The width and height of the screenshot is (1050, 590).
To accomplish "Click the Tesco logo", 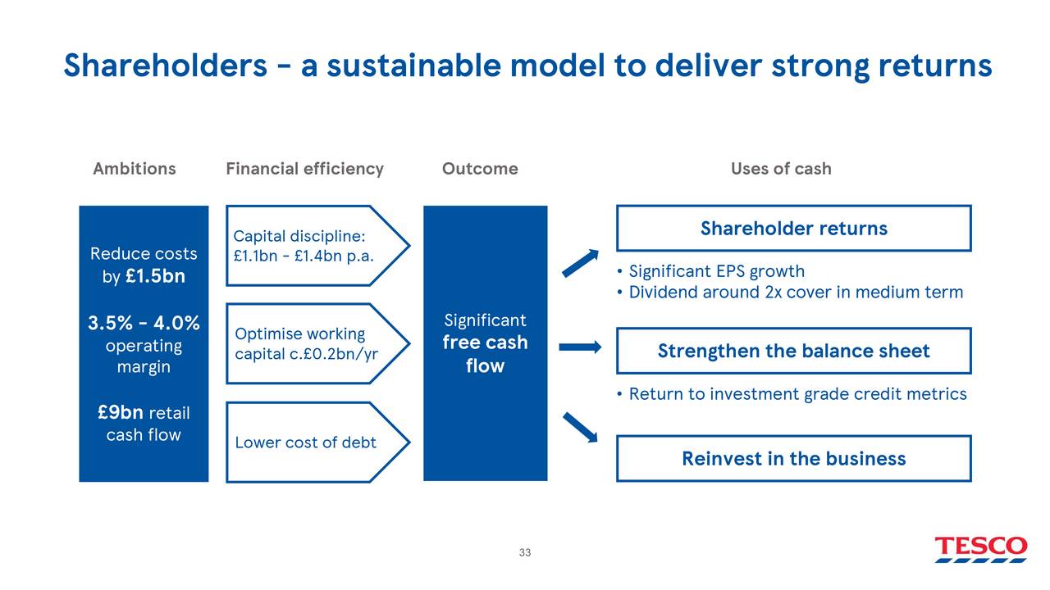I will click(980, 548).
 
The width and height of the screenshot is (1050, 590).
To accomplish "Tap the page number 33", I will click(525, 552).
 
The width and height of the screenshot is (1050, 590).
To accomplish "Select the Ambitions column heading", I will click(134, 169).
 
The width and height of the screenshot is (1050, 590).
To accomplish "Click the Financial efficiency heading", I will click(304, 169).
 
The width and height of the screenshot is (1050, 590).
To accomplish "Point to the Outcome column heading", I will click(480, 169).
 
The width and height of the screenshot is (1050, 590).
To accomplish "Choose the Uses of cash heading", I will click(781, 169).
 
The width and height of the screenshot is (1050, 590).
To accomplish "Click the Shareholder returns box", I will click(793, 228).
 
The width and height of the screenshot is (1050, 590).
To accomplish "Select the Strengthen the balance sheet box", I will click(793, 351).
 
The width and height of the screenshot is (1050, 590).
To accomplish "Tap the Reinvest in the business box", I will click(793, 458).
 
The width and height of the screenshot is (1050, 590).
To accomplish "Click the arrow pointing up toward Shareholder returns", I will click(581, 263).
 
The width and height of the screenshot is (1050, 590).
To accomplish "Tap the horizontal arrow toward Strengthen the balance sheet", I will click(580, 347).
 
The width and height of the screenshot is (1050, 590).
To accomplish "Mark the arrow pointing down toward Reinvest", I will click(580, 427).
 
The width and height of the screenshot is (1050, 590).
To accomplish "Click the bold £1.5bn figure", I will click(155, 276).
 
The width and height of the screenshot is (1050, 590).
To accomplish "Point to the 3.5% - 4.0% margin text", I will click(144, 324).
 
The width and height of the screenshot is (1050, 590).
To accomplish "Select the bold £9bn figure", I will click(121, 412).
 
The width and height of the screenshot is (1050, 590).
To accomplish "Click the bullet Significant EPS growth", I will click(716, 271).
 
